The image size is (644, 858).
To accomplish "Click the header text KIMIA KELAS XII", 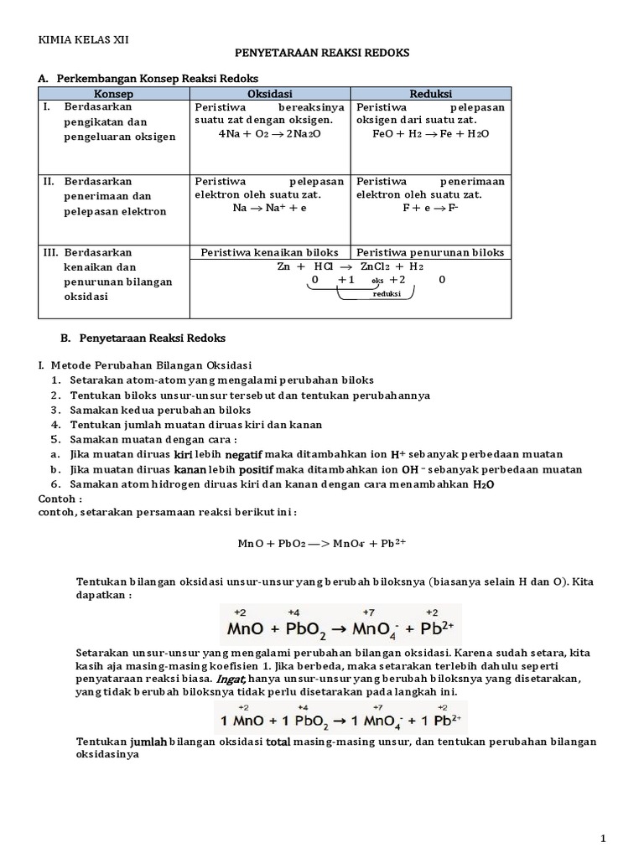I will point(84,39).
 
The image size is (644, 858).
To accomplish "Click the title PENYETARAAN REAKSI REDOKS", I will point(322,53).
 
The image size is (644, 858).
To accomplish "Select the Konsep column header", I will point(114,92).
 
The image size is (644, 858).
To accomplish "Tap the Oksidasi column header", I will point(269,92).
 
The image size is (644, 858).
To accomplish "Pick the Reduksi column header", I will point(430,92).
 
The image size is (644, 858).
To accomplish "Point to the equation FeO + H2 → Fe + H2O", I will point(430,134).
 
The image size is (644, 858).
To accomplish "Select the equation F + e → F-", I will point(430,208).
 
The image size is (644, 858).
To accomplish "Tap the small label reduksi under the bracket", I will point(388,295).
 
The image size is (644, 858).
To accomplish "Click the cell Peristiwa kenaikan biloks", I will point(269,252).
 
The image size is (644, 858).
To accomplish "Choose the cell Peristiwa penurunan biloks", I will point(430,252).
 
